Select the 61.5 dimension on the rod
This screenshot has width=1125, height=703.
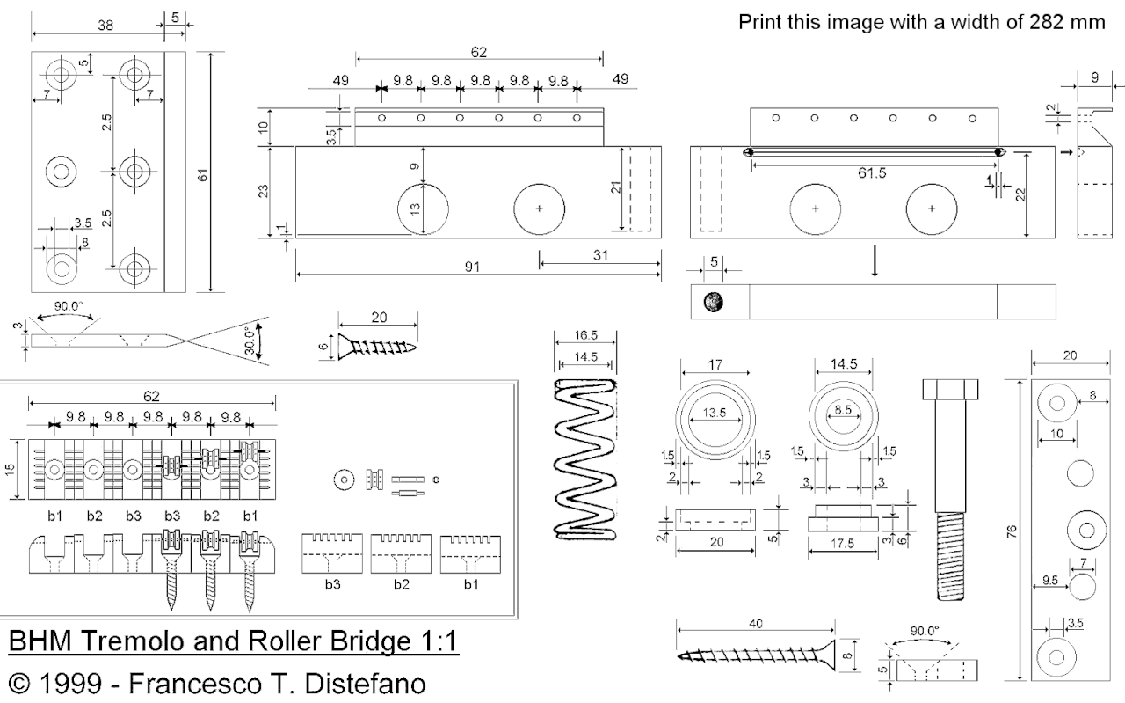pyautogui.click(x=872, y=173)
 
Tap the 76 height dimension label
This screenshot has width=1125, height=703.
pyautogui.click(x=1012, y=532)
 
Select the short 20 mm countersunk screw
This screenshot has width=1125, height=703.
pyautogui.click(x=376, y=345)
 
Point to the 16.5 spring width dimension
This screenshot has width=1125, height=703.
pyautogui.click(x=585, y=335)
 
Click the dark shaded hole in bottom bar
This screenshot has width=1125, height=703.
pyautogui.click(x=713, y=302)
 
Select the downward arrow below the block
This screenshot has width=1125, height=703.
pyautogui.click(x=874, y=261)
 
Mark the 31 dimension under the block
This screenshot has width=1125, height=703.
pyautogui.click(x=599, y=255)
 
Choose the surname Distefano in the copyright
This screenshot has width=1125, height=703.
pyautogui.click(x=351, y=684)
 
